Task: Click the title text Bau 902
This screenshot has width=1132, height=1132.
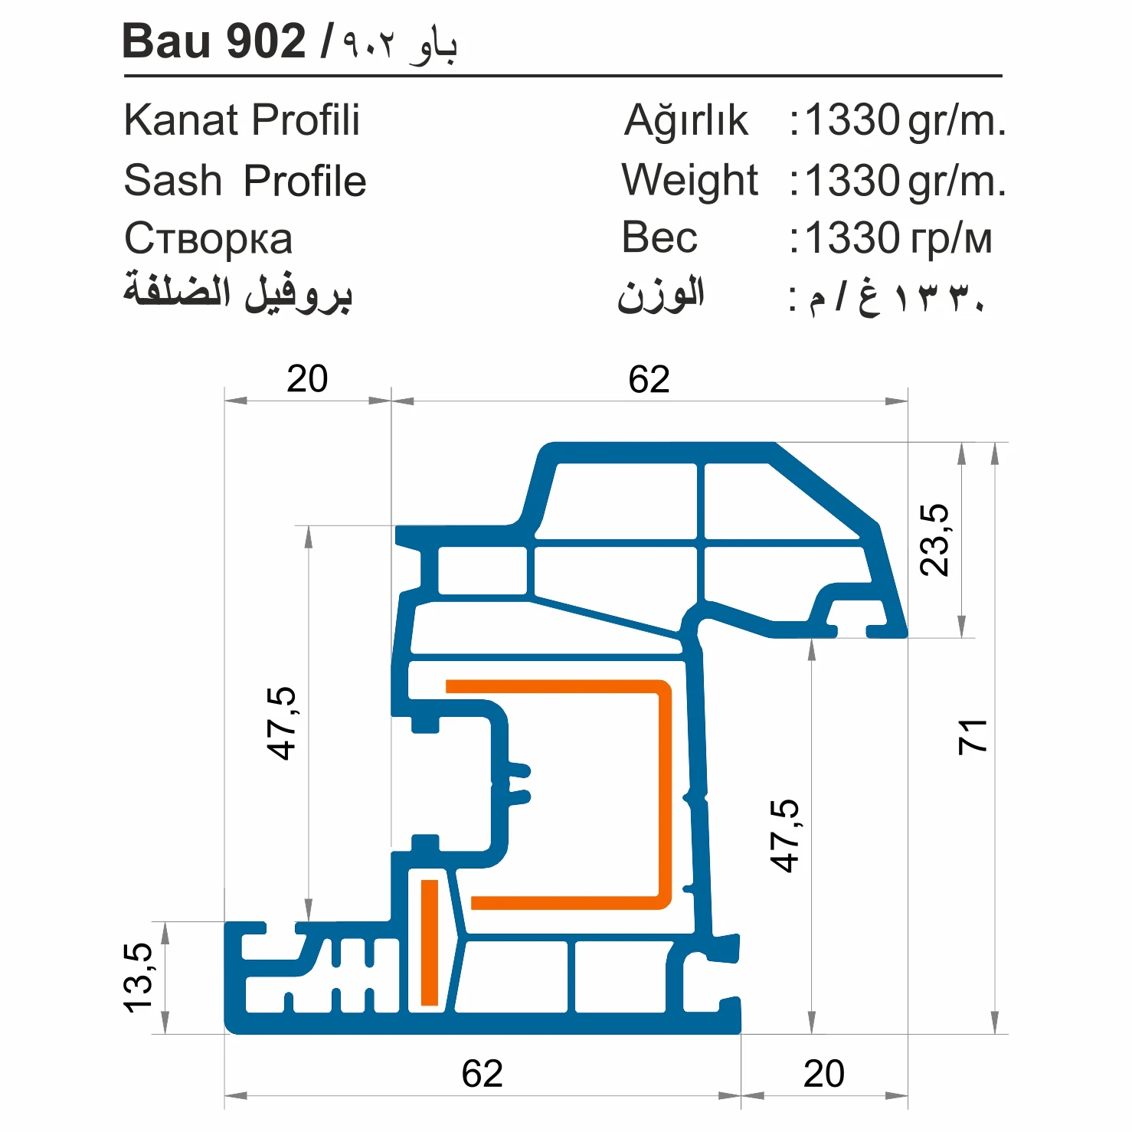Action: tap(214, 41)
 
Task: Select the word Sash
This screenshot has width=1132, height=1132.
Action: tap(172, 181)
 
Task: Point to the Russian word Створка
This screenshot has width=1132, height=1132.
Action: tap(208, 239)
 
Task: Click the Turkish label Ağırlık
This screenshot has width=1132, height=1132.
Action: tap(685, 121)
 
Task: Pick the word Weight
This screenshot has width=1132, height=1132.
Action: tap(689, 181)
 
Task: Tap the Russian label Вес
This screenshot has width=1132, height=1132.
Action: tap(659, 237)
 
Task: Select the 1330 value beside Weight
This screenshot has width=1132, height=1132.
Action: tap(852, 181)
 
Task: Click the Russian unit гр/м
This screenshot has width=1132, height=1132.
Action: tap(950, 239)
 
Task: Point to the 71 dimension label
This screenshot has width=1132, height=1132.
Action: tap(973, 737)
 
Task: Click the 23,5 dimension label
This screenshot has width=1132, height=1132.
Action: tap(934, 540)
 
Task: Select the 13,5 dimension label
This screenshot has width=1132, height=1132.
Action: tap(139, 978)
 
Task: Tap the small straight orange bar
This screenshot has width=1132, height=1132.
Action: tap(430, 942)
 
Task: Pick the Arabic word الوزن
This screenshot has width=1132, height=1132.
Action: tap(661, 296)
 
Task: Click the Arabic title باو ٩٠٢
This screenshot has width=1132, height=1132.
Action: tap(399, 44)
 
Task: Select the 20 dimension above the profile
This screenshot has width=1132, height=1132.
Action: tap(307, 379)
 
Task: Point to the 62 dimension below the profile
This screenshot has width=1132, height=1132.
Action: tap(482, 1074)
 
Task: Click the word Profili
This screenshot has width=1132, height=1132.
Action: tap(306, 120)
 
